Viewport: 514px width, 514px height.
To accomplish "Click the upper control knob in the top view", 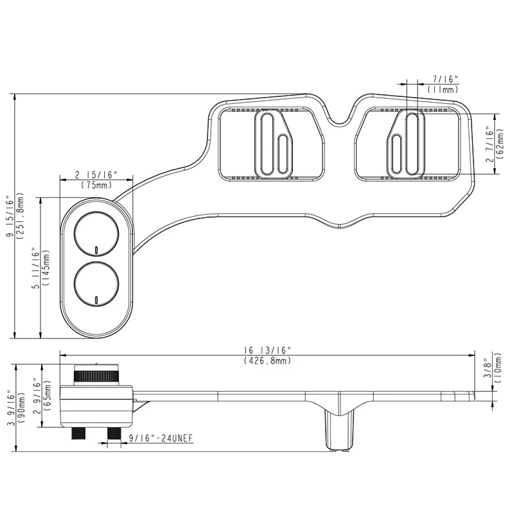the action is [x=96, y=233].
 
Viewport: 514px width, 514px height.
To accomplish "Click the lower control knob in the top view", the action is [x=96, y=285].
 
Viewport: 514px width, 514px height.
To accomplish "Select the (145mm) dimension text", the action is [x=46, y=267].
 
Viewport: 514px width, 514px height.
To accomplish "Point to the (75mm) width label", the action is [x=96, y=185].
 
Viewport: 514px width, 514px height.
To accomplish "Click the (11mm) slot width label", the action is [x=443, y=89].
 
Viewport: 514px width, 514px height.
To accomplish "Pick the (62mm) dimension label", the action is [x=500, y=144].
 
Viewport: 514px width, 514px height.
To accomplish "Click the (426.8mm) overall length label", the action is [x=267, y=361].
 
